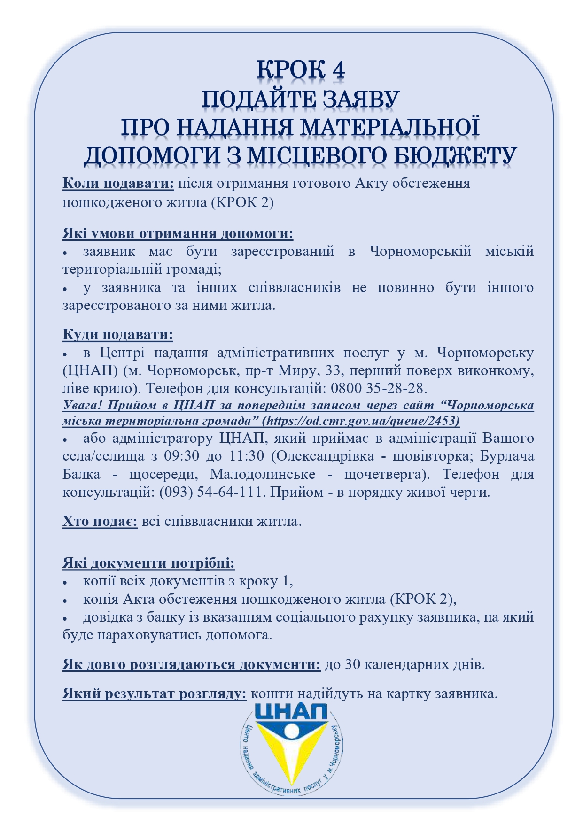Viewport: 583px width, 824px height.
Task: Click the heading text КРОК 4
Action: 301,69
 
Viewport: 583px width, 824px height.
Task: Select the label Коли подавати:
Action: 118,184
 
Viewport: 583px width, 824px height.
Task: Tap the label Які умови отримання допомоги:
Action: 178,233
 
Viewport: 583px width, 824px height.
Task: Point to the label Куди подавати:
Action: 118,335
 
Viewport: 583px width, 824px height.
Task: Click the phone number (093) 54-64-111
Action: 213,492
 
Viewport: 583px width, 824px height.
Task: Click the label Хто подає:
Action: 100,522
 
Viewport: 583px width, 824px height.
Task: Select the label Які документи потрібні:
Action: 148,563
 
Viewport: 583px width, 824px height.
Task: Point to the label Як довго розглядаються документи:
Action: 192,665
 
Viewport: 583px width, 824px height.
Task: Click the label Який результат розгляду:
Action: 155,694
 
